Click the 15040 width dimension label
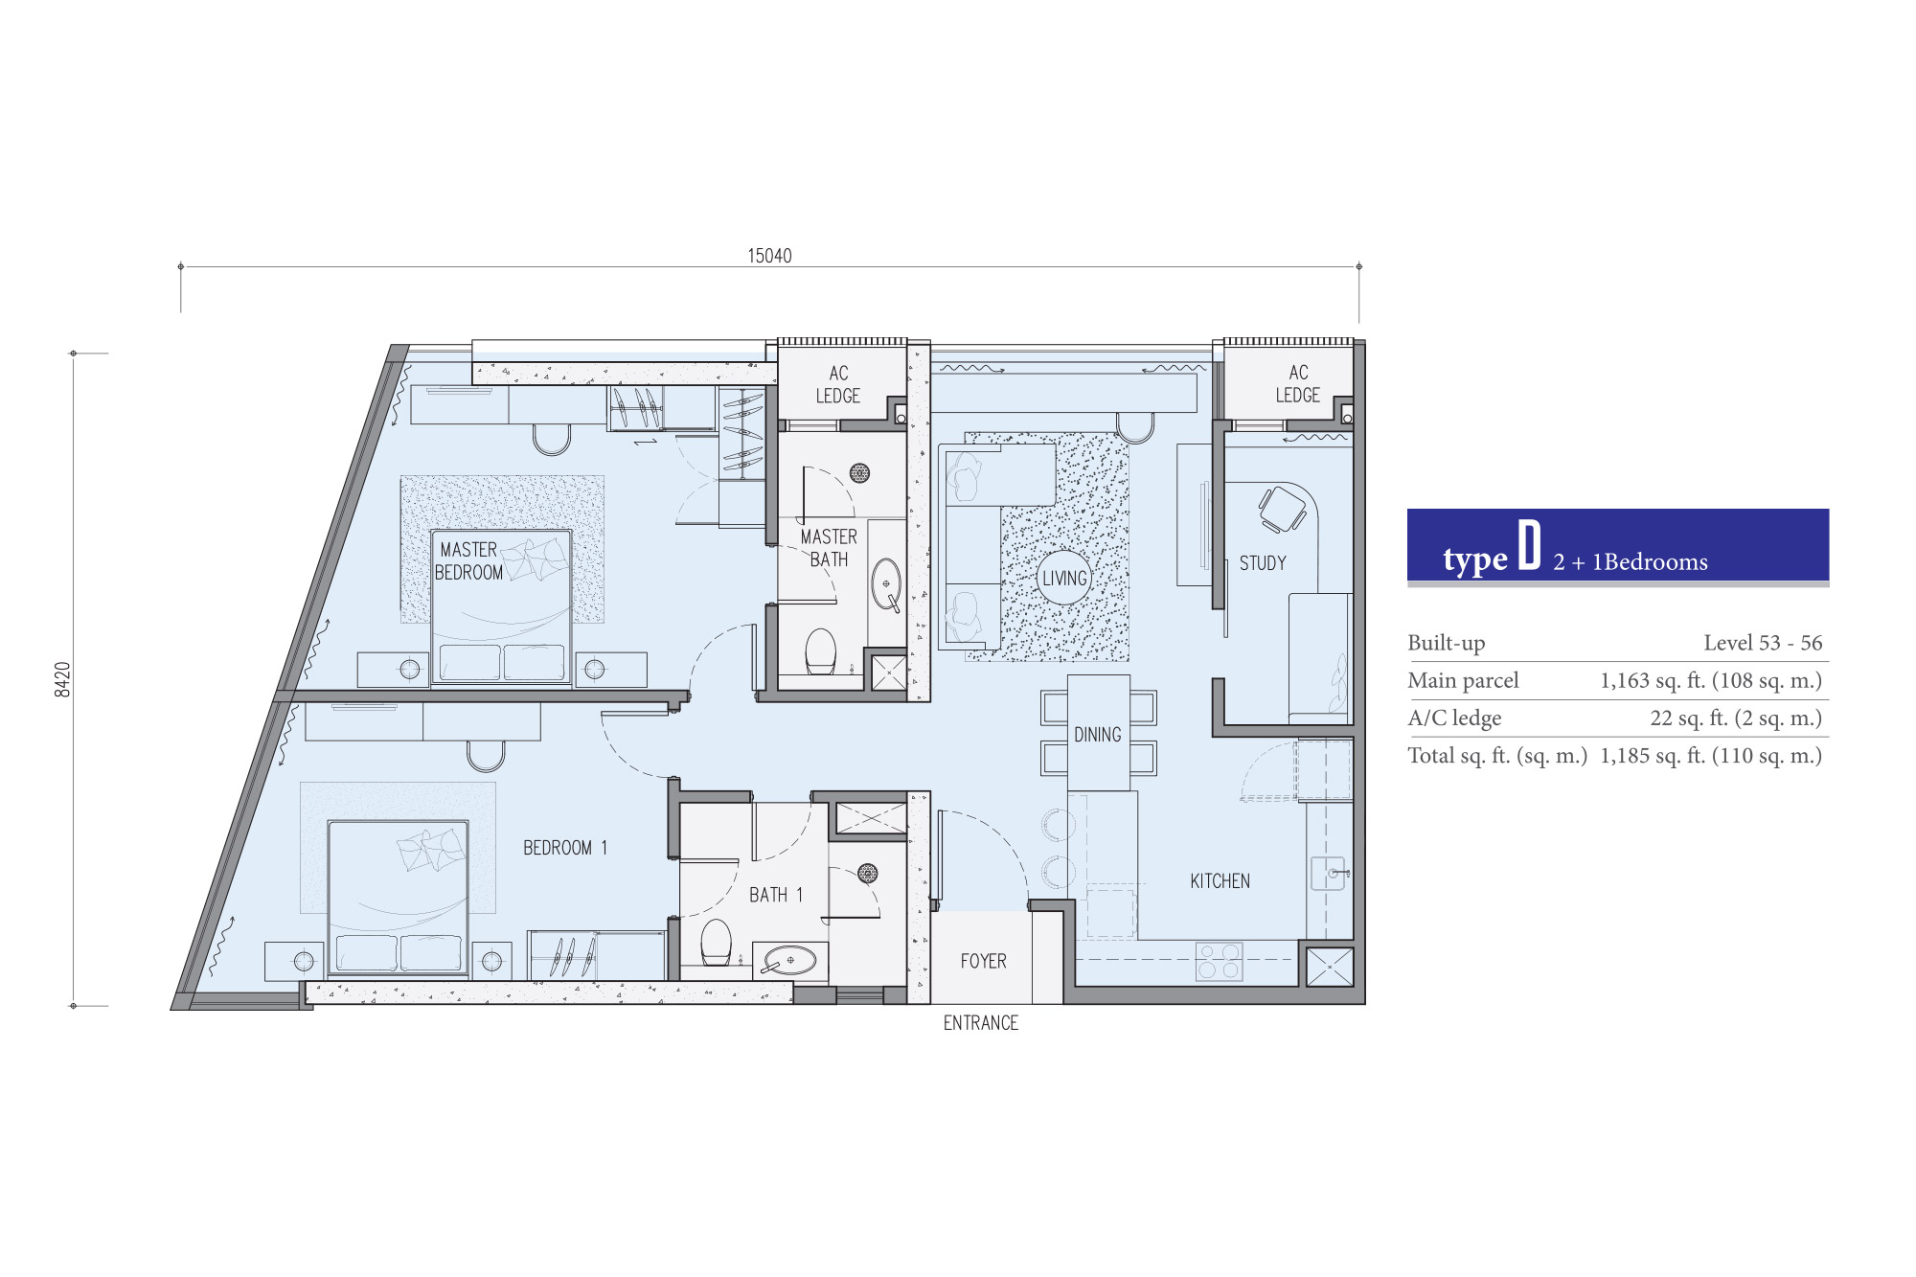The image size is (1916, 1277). coord(769,256)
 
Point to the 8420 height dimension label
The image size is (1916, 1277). coord(63,679)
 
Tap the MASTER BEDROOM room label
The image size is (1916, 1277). coord(468,560)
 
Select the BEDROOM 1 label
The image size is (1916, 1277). coord(565,848)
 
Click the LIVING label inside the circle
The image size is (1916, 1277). coord(1064,579)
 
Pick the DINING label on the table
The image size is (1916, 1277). coord(1097,735)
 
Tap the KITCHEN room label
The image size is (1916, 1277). coord(1220,881)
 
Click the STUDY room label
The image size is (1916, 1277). coord(1263,563)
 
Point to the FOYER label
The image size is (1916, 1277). coord(983,961)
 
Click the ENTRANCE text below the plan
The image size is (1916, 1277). coord(980,1023)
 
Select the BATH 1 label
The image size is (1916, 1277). coord(776,895)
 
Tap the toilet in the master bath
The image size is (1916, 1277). coord(821,651)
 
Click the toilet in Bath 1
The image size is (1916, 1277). coord(717,943)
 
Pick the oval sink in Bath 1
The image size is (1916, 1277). coord(790,959)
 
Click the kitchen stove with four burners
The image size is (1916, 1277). coord(1219,962)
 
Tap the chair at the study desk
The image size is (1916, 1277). coord(1282,509)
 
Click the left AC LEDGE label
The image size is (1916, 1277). coord(837,384)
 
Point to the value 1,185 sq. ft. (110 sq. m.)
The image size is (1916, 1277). coord(1711,756)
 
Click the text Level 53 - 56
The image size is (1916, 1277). coord(1763,643)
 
